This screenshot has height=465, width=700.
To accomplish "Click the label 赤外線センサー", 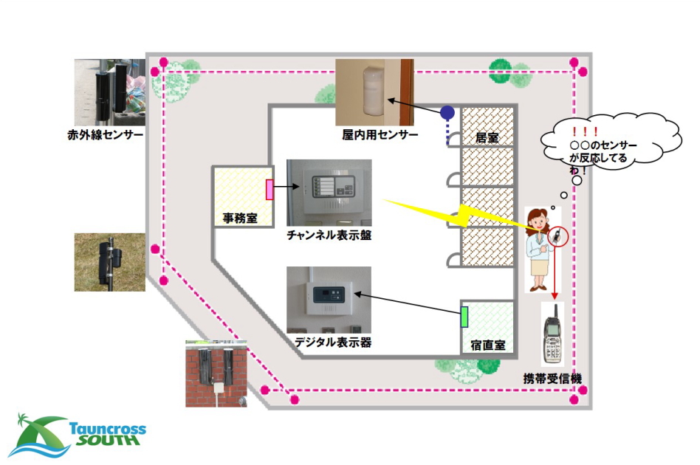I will coord(104,135).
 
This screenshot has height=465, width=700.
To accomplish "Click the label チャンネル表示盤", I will coord(329,235).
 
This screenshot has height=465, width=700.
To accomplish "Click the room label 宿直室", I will coord(487,345).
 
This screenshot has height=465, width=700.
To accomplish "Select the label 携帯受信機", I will coord(553,379).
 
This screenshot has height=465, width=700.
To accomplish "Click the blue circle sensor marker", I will coord(447,112).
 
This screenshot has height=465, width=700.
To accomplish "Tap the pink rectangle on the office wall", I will coord(270,190).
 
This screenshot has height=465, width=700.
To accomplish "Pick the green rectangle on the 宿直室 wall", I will coord(464,315).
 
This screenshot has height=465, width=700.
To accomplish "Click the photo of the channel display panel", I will coord(329,192).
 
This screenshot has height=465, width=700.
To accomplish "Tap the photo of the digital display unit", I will coord(329,299).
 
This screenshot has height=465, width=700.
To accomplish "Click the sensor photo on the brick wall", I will coord(216,373).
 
